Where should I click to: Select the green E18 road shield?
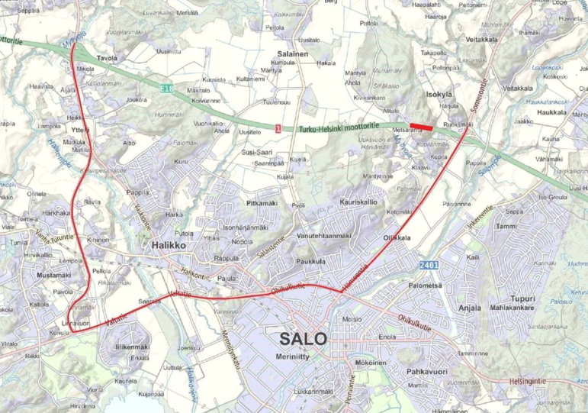point(165,89)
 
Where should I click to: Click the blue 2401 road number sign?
point(429,265)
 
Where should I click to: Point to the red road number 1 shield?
point(279,129)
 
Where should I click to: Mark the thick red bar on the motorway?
point(421,127)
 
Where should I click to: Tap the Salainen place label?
point(292,54)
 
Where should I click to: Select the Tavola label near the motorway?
point(107,58)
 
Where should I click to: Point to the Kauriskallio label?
point(358,202)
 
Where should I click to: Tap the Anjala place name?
point(470,308)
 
